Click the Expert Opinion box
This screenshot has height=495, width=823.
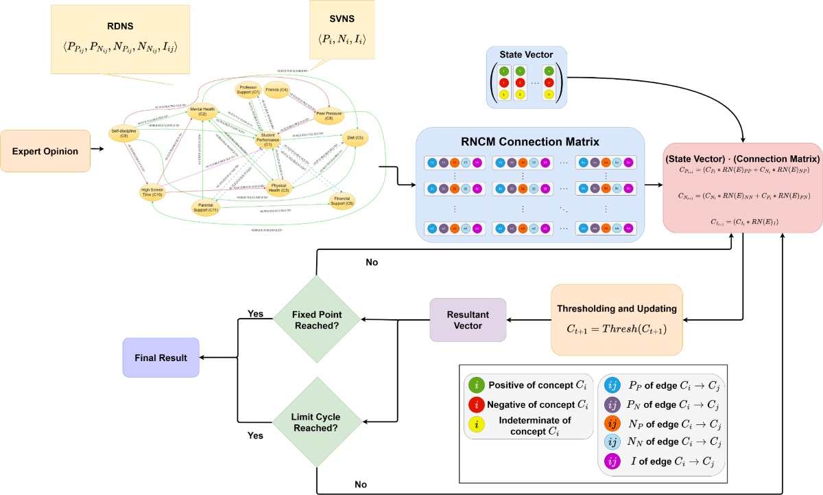[x=45, y=150]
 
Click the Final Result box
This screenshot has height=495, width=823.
[x=160, y=357]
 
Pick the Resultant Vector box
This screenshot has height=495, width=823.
[x=467, y=319]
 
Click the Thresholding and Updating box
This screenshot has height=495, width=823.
[x=617, y=319]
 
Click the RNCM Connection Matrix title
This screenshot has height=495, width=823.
[x=529, y=143]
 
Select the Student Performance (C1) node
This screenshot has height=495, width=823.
[x=268, y=141]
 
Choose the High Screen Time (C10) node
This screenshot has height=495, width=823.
[x=151, y=193]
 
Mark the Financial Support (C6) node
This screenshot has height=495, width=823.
[x=340, y=200]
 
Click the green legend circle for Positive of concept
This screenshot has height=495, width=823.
[x=478, y=385]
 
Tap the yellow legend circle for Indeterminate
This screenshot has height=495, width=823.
[x=478, y=421]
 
